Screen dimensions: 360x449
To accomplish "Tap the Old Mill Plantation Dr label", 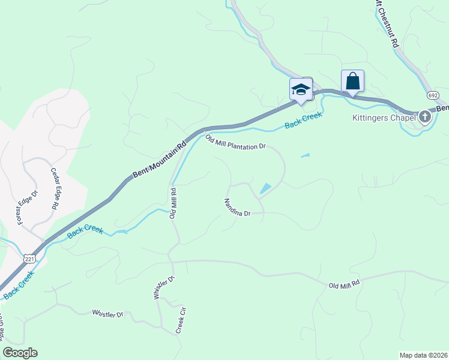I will [x=235, y=143].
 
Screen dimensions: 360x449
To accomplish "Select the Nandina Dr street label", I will [x=236, y=207].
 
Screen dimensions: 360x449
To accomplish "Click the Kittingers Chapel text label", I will [x=384, y=117].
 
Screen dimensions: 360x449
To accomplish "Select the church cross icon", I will [x=426, y=116].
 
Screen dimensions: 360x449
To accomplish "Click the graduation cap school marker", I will [x=301, y=89].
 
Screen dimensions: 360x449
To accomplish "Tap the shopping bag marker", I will [x=352, y=80].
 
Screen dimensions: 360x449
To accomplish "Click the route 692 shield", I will [x=433, y=95].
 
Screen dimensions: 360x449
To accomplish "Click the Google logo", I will [x=20, y=353].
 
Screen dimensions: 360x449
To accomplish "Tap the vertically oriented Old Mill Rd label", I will [x=172, y=203].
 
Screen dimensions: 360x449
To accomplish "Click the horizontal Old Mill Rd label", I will [x=344, y=283].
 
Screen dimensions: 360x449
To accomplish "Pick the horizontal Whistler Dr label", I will [x=107, y=314].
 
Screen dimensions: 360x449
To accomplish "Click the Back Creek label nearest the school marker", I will [x=304, y=120].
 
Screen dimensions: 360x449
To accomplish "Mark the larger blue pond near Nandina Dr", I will [x=264, y=188].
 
